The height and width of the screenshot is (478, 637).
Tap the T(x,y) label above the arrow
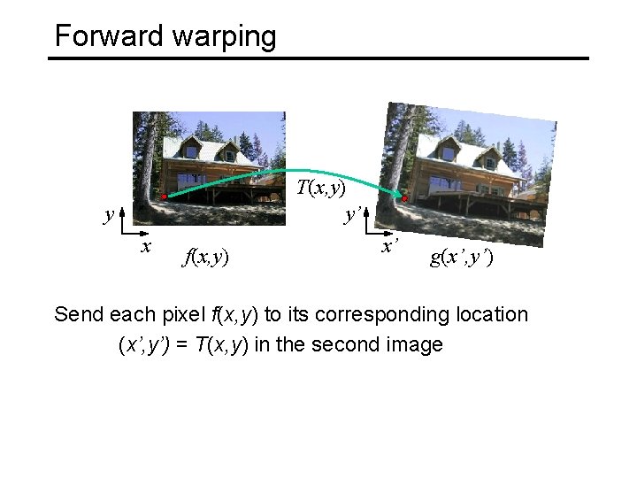[x=321, y=188]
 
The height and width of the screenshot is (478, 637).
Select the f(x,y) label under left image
[x=205, y=258]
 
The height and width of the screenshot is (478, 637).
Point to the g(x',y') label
[x=462, y=258]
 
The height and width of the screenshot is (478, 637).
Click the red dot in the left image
[x=164, y=197]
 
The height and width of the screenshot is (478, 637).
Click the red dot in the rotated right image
[x=404, y=198]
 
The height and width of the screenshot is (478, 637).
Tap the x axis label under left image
[x=147, y=245]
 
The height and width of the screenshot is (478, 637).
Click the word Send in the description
[x=78, y=314]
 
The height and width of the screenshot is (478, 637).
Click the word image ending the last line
[x=416, y=345]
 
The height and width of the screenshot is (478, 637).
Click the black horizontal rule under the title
[x=318, y=58]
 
